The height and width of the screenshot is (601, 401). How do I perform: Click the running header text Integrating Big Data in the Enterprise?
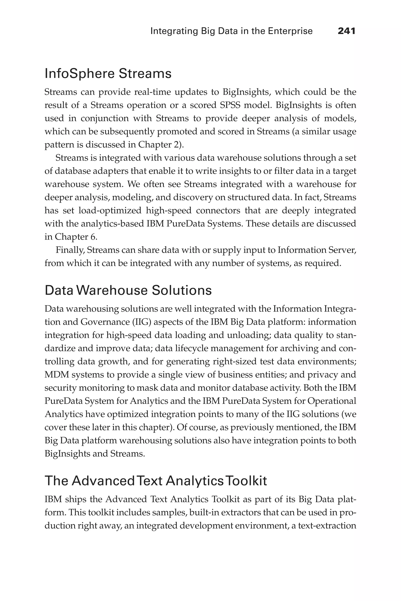(x=231, y=31)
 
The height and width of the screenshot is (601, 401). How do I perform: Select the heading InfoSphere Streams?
(x=108, y=74)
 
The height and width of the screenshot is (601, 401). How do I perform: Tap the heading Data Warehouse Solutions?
(x=128, y=291)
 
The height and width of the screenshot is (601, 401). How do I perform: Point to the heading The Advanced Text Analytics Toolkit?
(x=156, y=481)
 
